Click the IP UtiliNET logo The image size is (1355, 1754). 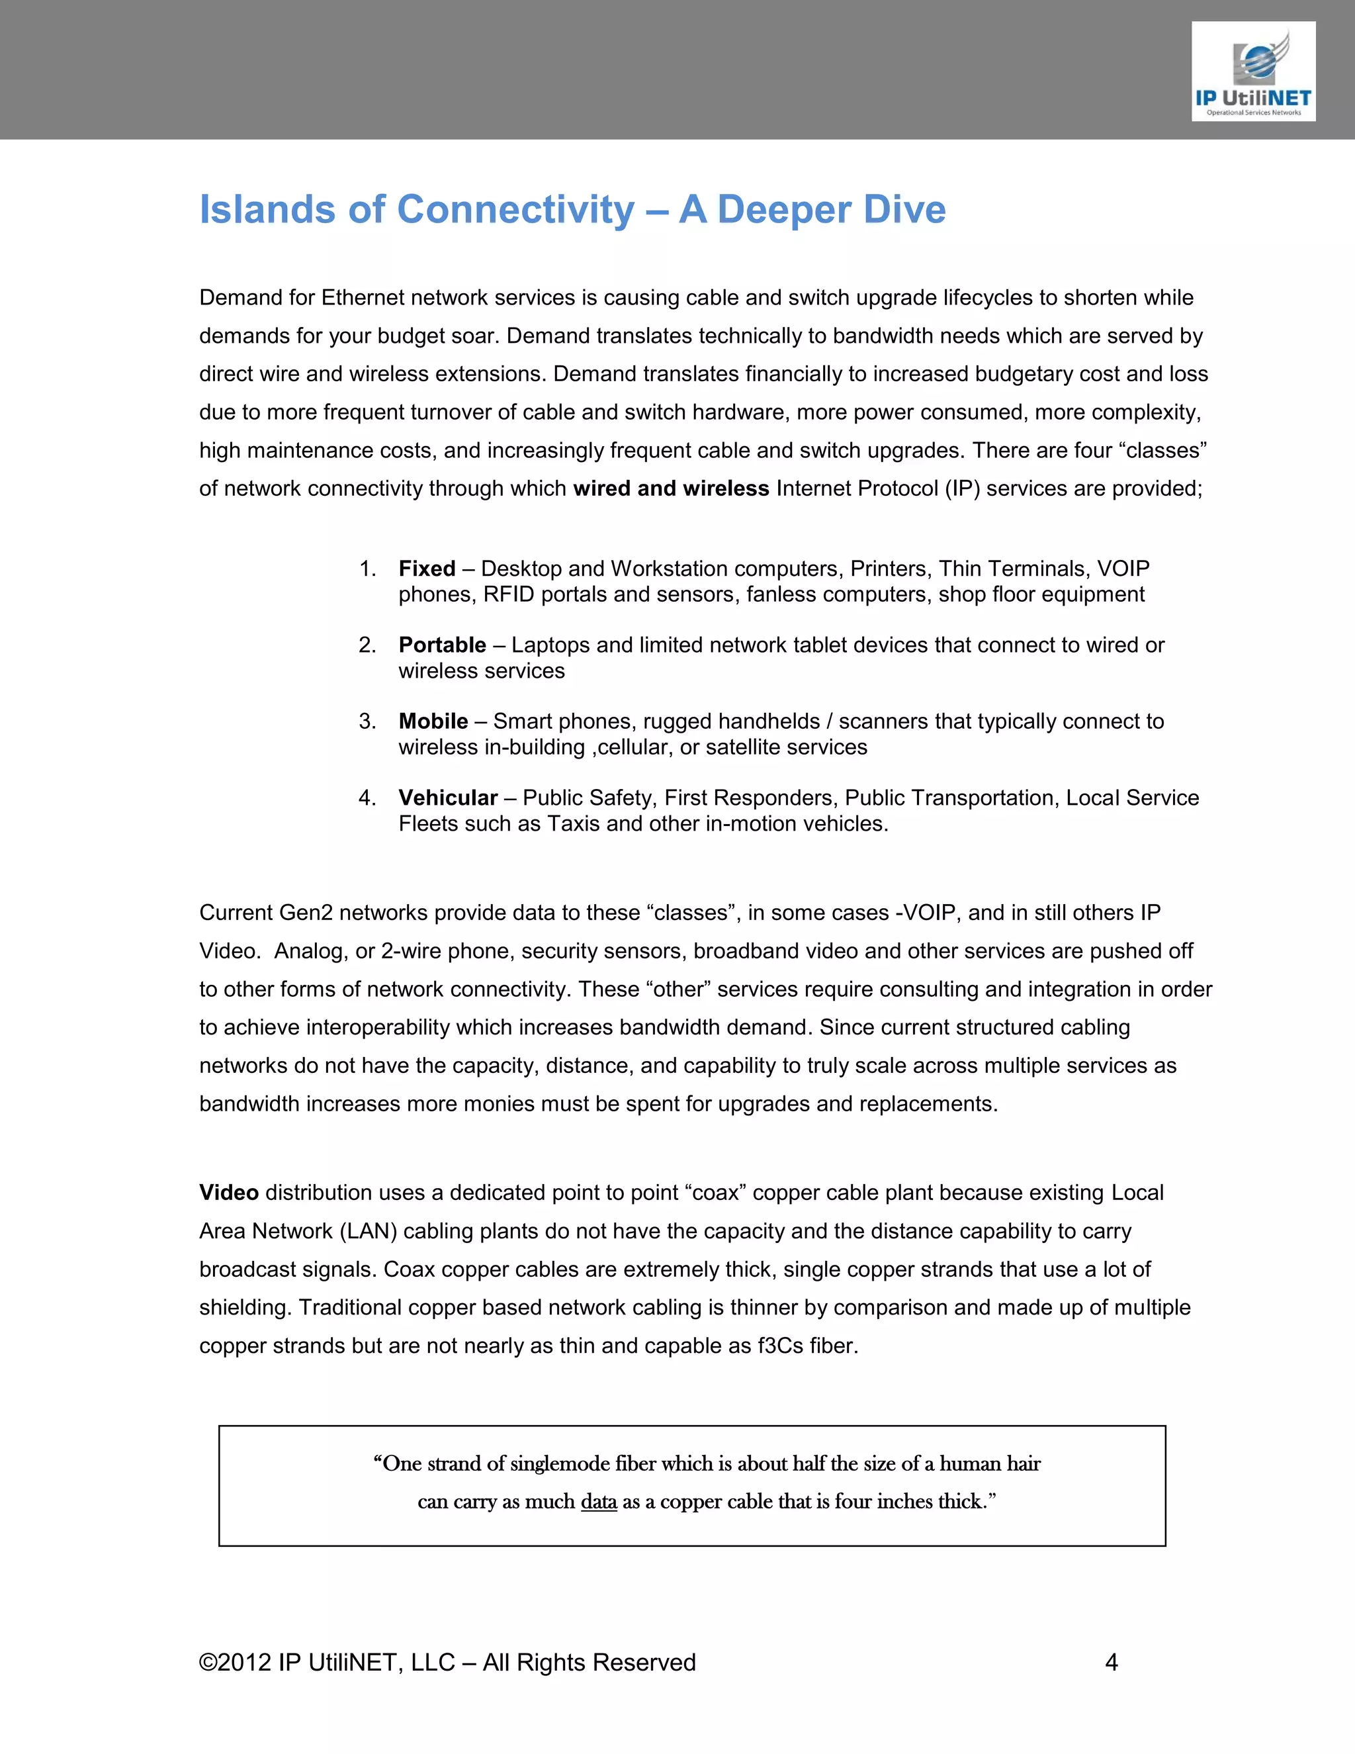[x=1252, y=71]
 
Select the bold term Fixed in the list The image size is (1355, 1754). [x=426, y=569]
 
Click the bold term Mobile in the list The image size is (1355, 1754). [x=433, y=721]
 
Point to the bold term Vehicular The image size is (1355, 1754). [x=448, y=798]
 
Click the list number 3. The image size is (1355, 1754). [x=367, y=721]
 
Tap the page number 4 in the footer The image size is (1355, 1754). [x=1111, y=1663]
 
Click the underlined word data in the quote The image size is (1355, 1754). [x=599, y=1502]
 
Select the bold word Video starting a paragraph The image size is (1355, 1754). [x=229, y=1193]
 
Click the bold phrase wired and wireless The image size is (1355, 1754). [x=671, y=488]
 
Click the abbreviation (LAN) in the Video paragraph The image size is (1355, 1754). [x=369, y=1231]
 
